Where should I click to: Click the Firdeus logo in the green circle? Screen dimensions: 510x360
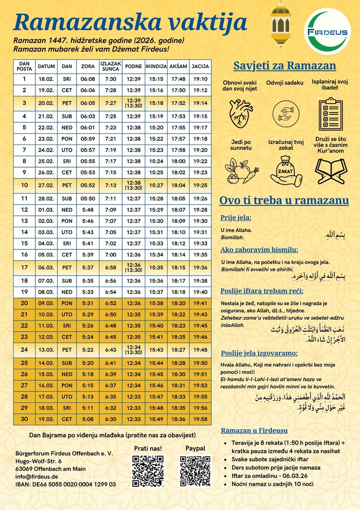click(x=327, y=32)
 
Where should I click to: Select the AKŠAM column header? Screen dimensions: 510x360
click(x=178, y=67)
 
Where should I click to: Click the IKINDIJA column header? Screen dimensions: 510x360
click(x=156, y=67)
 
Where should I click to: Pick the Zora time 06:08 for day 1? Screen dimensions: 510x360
click(x=88, y=79)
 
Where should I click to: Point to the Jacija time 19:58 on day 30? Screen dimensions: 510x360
click(x=200, y=419)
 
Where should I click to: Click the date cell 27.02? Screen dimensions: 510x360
click(x=46, y=185)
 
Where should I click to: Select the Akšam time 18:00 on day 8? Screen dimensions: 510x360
click(x=178, y=161)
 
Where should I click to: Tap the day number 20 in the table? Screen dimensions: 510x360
click(x=25, y=303)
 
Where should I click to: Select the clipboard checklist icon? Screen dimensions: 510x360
click(x=330, y=114)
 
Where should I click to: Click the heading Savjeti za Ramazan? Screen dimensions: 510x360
click(x=285, y=66)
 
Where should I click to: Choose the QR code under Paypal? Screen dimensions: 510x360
click(x=195, y=471)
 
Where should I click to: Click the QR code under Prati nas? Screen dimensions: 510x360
click(x=148, y=471)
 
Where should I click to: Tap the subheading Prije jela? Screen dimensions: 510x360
click(x=236, y=218)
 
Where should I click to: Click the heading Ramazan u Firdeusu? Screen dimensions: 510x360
click(x=254, y=430)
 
